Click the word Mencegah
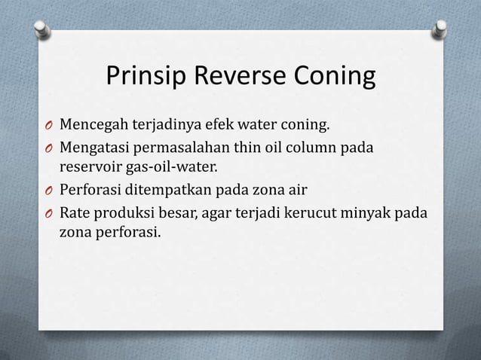click(x=94, y=123)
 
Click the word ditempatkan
click(x=176, y=188)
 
